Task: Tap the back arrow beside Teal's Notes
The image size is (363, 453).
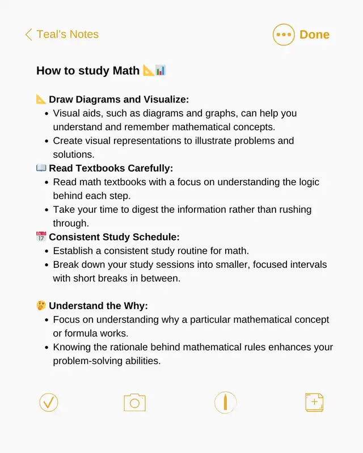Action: tap(28, 35)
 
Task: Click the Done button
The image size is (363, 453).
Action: tap(314, 35)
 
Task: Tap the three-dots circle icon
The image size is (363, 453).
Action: tap(284, 35)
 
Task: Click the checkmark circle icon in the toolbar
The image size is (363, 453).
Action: tap(49, 403)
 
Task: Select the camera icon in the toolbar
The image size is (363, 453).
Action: tap(134, 403)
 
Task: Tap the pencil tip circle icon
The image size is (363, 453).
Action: tap(225, 403)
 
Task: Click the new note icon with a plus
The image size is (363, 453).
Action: tap(314, 403)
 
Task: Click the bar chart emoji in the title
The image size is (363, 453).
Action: tap(161, 70)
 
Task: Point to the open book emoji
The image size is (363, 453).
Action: tap(41, 168)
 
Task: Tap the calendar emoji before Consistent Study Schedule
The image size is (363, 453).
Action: tap(41, 237)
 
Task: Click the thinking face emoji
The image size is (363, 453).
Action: tap(41, 306)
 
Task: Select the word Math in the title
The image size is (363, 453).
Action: tap(125, 71)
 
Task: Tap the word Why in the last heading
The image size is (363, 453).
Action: tap(136, 306)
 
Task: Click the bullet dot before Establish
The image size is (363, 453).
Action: tap(45, 251)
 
